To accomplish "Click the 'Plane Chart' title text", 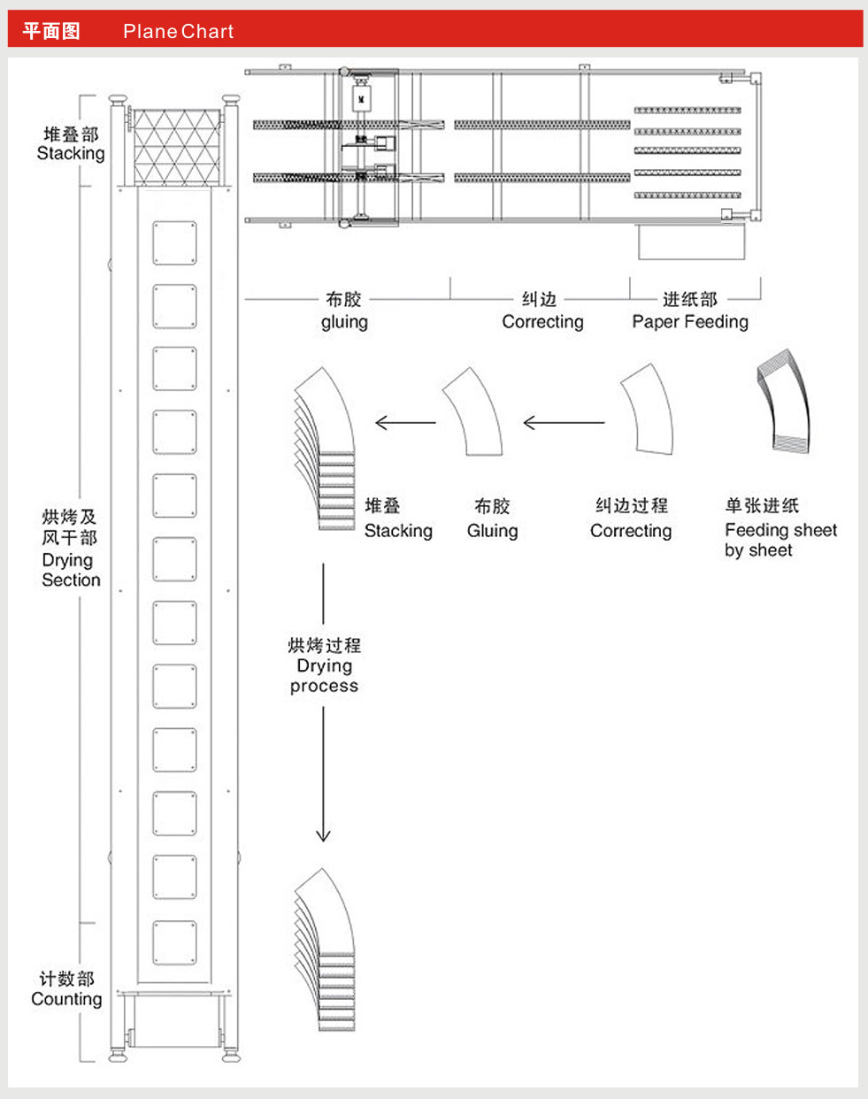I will [x=178, y=32].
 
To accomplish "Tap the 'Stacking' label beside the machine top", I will [x=71, y=153].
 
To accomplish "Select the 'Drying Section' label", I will [x=70, y=570].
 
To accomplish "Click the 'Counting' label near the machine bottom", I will [x=66, y=999].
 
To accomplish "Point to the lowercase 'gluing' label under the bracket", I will [x=344, y=322].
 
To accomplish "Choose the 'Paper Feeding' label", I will [x=689, y=322].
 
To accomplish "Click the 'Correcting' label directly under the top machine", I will [x=542, y=322].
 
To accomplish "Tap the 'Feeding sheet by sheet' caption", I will [x=780, y=540].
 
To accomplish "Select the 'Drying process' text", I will [x=324, y=675].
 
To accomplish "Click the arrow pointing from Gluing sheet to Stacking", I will [x=405, y=423].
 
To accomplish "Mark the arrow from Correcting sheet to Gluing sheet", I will [x=564, y=423].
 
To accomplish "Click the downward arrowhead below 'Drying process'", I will [x=323, y=834].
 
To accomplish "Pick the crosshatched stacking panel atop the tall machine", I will [x=176, y=147].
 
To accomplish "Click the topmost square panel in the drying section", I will [x=174, y=243].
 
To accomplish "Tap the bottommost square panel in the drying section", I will [x=174, y=942].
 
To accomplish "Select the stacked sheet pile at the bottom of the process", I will [x=326, y=951].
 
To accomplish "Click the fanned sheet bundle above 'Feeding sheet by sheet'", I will [x=784, y=403].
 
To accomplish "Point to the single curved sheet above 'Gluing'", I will [x=472, y=412].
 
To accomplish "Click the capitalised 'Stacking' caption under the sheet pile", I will [x=398, y=531].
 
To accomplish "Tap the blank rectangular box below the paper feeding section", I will [x=691, y=242].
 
